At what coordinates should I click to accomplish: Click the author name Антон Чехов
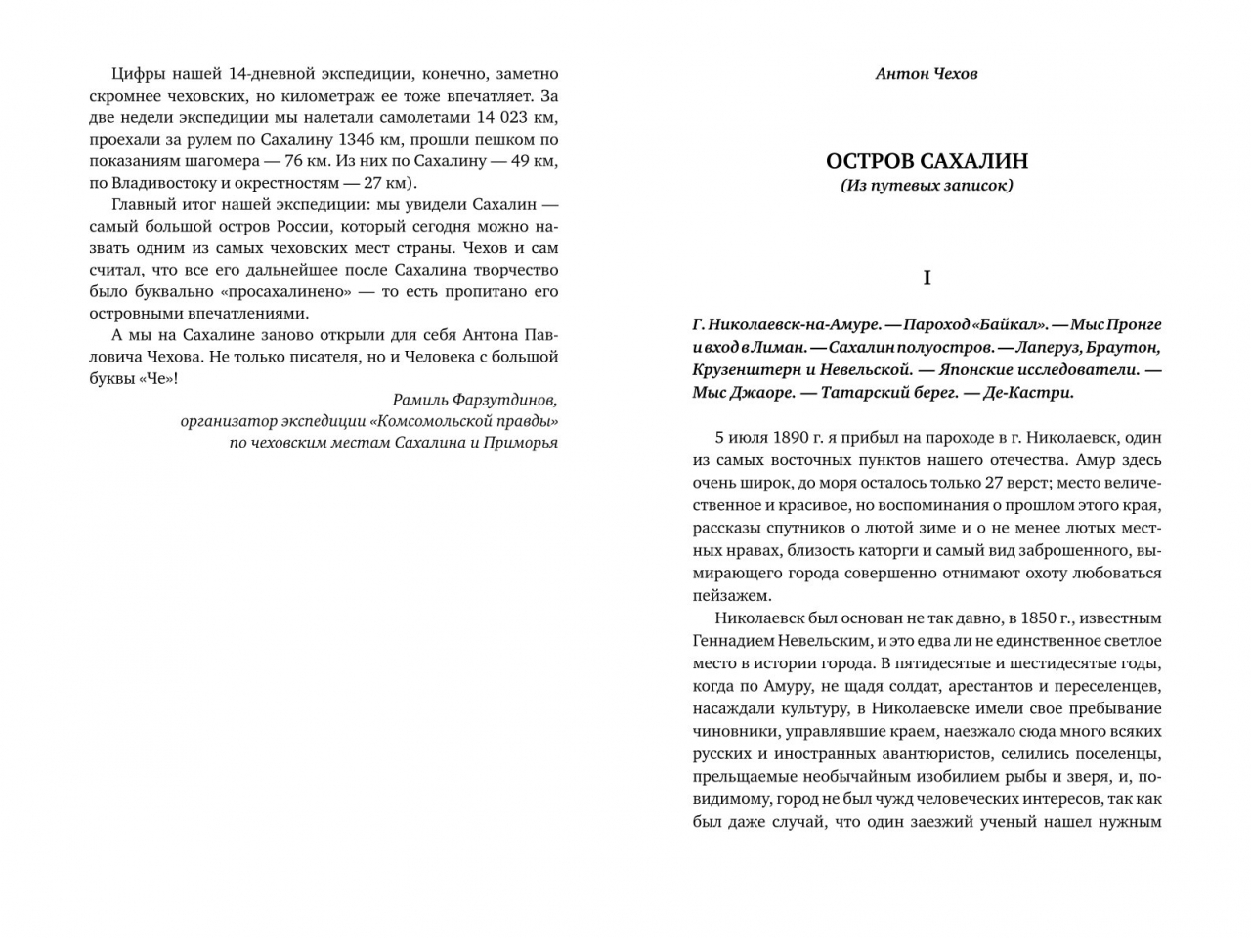pos(927,74)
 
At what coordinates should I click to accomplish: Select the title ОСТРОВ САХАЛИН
pos(927,161)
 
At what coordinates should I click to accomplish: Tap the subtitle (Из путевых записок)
pos(927,185)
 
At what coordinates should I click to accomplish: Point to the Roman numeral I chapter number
pos(927,278)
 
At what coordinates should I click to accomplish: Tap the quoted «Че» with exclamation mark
pos(161,378)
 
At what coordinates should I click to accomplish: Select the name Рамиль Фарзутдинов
pos(475,400)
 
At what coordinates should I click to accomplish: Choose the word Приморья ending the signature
pos(521,443)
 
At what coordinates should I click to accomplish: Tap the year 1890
pos(791,438)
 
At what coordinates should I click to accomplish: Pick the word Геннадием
pos(733,641)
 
